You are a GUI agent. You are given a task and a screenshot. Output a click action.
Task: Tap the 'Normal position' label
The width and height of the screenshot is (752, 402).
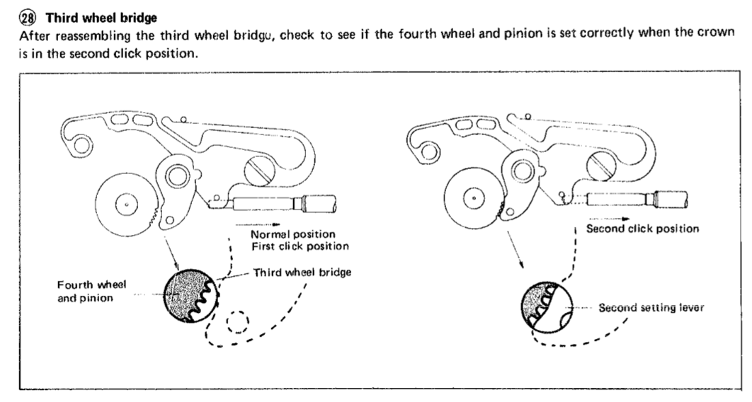[x=292, y=234]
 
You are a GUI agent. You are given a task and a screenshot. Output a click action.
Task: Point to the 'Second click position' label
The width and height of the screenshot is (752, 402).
[x=643, y=229]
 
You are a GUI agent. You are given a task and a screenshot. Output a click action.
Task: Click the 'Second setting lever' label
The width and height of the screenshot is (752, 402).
[x=651, y=308]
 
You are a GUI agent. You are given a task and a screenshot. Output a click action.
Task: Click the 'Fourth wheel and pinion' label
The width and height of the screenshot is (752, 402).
[x=91, y=290]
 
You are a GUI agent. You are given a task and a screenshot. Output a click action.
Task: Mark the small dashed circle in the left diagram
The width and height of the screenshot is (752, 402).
[x=237, y=323]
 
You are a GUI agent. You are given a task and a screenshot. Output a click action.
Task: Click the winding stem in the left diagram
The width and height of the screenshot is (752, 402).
[x=283, y=205]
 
